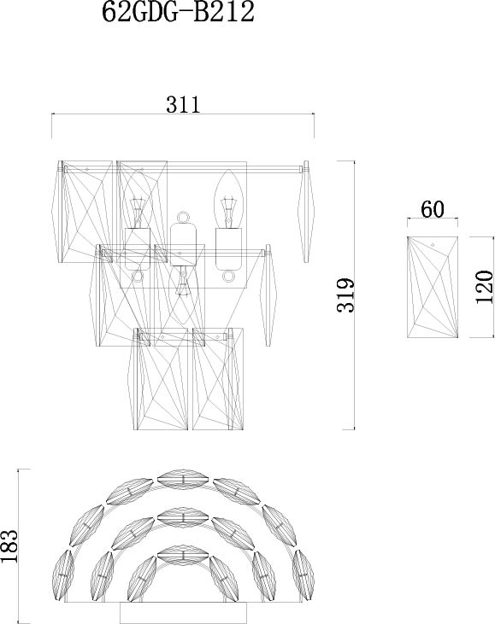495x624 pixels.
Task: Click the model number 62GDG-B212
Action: pyautogui.click(x=178, y=12)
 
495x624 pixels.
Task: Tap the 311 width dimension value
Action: pyautogui.click(x=183, y=105)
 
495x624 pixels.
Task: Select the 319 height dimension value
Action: pyautogui.click(x=345, y=295)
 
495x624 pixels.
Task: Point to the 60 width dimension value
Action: pyautogui.click(x=432, y=209)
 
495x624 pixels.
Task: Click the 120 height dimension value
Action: pyautogui.click(x=485, y=287)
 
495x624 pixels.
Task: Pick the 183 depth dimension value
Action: pyautogui.click(x=9, y=546)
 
